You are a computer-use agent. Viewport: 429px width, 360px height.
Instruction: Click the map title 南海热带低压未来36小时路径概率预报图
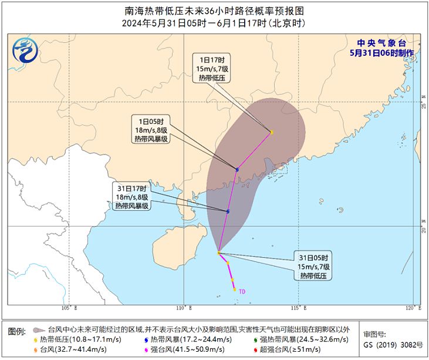pos(214,11)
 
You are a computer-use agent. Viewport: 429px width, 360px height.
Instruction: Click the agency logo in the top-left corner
pos(25,49)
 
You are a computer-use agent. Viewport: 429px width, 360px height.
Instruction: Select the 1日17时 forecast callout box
pos(211,69)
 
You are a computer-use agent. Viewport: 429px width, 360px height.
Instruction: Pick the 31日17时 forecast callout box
pos(133,197)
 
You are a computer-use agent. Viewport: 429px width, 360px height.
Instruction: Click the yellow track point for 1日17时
pos(271,132)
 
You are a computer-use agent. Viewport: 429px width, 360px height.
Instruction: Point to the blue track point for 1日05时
pos(237,170)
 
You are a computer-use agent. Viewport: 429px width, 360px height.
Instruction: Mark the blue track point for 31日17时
pos(228,211)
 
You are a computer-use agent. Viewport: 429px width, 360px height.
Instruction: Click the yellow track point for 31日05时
pos(219,253)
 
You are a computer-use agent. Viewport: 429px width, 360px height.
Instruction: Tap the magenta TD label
pos(242,290)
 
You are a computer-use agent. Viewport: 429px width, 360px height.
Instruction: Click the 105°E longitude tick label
pos(69,308)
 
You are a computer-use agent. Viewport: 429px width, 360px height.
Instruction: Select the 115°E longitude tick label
pos(299,308)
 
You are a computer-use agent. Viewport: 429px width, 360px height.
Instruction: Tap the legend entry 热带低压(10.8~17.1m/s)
pos(73,339)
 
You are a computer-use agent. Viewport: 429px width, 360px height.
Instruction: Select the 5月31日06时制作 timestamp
pos(381,53)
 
